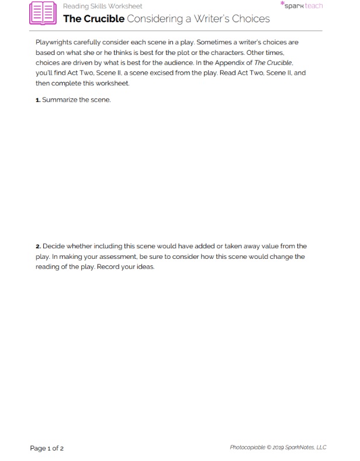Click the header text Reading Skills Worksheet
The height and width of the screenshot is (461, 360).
click(102, 6)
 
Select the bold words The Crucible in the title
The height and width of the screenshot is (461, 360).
click(93, 19)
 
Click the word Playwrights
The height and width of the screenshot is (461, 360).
click(54, 43)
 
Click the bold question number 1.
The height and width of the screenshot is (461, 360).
click(38, 100)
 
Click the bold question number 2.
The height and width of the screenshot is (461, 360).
click(38, 247)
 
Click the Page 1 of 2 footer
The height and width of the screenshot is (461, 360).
click(47, 448)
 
